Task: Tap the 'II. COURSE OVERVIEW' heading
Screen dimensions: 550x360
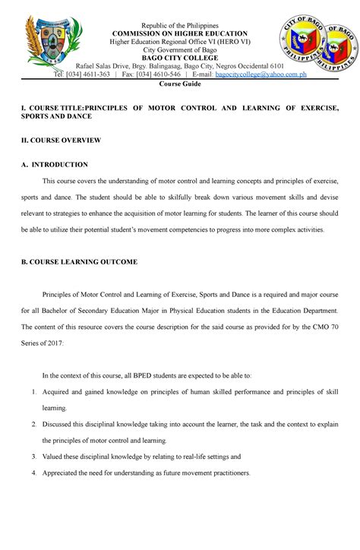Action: (x=60, y=141)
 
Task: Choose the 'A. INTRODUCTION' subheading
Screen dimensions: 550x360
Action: (x=55, y=164)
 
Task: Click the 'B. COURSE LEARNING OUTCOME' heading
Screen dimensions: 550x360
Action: (x=79, y=261)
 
